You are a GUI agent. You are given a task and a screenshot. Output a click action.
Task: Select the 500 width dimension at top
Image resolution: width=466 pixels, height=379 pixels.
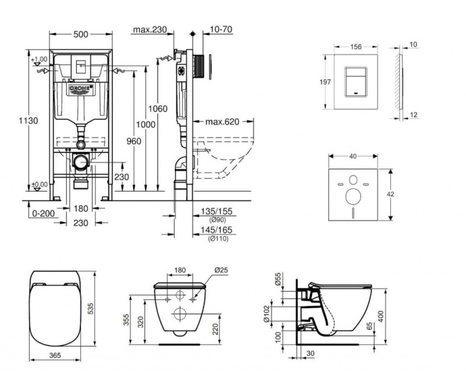[x=81, y=34]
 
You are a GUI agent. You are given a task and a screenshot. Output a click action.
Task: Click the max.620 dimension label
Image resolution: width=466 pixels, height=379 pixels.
[x=223, y=122]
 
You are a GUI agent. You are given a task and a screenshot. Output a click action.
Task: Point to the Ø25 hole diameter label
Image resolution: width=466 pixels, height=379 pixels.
[x=220, y=270]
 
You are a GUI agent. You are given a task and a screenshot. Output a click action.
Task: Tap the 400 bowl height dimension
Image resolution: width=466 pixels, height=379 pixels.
[x=397, y=315]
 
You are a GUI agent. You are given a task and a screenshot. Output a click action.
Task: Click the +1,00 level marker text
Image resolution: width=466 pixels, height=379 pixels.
[x=40, y=59]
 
